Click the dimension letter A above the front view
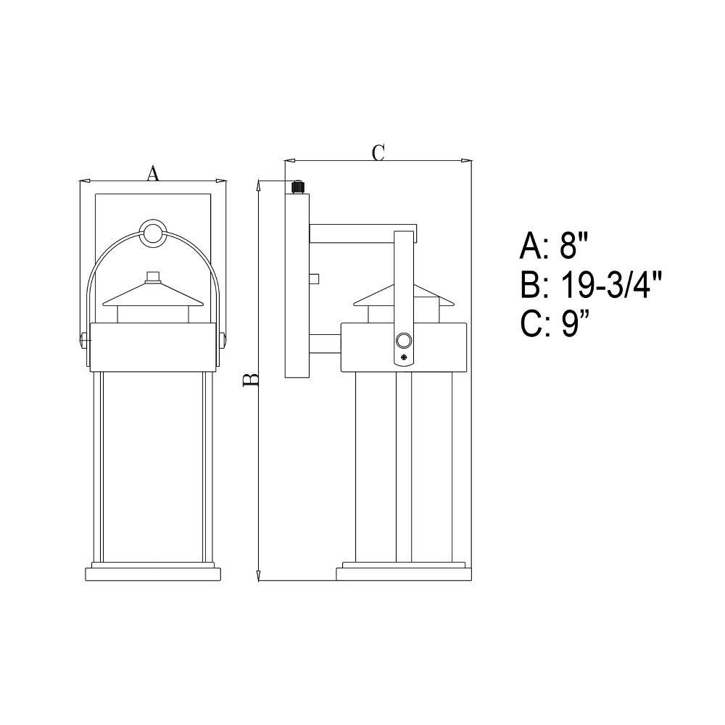(x=153, y=173)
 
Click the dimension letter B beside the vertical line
(x=251, y=380)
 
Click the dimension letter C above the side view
(x=378, y=152)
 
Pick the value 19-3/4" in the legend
(x=612, y=285)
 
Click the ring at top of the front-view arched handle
(x=152, y=233)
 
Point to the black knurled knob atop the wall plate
(x=297, y=188)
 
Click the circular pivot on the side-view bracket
(x=403, y=341)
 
